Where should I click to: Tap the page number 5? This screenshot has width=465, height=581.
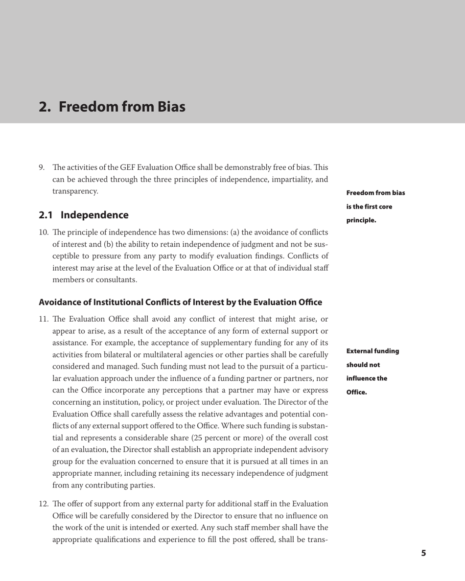(424, 553)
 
